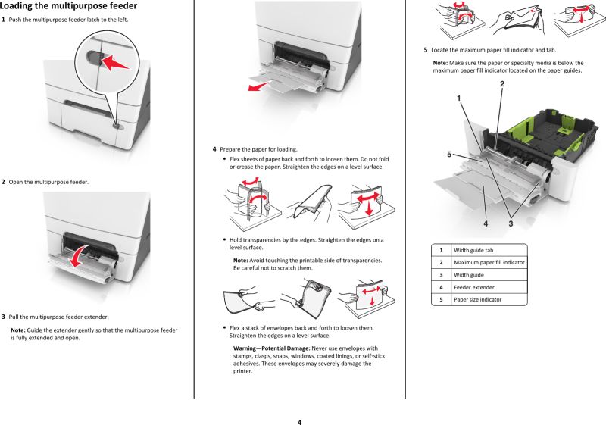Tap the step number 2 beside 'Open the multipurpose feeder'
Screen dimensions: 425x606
click(x=4, y=182)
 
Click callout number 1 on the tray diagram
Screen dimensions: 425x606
click(x=459, y=98)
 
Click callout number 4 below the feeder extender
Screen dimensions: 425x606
click(x=485, y=223)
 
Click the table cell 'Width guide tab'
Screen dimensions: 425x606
click(x=475, y=249)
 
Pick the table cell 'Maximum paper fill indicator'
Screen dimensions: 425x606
click(x=489, y=262)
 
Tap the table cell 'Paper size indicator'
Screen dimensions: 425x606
click(x=477, y=299)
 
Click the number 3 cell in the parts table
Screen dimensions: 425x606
click(x=441, y=274)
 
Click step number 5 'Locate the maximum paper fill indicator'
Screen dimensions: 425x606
click(x=426, y=50)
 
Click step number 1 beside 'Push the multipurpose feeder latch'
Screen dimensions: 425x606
click(x=4, y=19)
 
